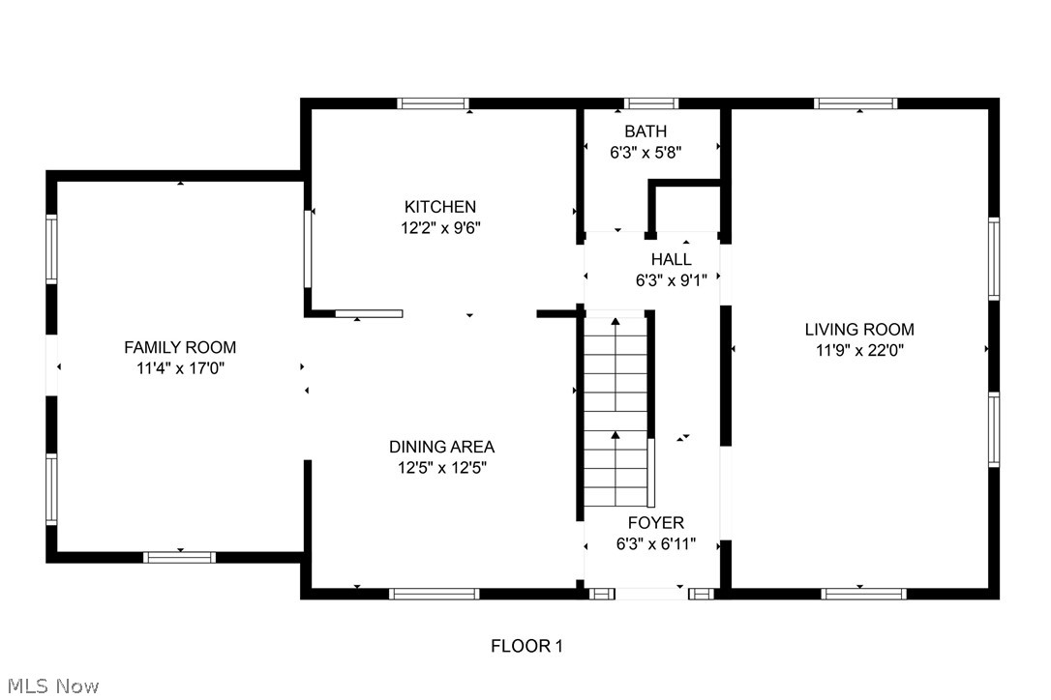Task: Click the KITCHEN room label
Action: click(x=439, y=207)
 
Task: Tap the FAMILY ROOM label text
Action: click(x=180, y=347)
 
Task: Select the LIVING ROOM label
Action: click(x=859, y=330)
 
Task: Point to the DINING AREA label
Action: click(x=441, y=447)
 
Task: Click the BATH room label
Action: click(x=646, y=131)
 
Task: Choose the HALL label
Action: click(x=671, y=259)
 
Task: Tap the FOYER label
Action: click(x=655, y=523)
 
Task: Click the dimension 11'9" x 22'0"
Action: click(x=859, y=351)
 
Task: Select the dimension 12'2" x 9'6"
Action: click(x=439, y=228)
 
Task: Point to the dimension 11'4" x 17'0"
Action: click(x=180, y=368)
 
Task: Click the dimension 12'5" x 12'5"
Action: click(x=441, y=468)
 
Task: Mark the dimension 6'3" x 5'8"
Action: click(x=646, y=152)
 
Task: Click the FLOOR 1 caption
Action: click(x=525, y=646)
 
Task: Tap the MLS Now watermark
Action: click(x=50, y=686)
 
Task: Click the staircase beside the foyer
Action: click(x=615, y=411)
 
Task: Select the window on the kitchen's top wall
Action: click(x=433, y=103)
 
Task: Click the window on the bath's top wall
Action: click(x=651, y=103)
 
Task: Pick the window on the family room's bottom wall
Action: click(x=179, y=557)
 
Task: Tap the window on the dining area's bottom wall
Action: click(x=434, y=594)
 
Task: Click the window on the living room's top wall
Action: click(x=856, y=103)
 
